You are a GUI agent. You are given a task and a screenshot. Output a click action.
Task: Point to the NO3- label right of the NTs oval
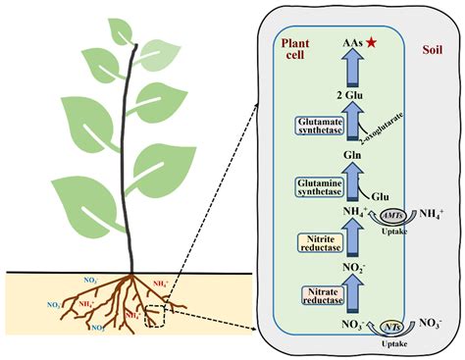pyautogui.click(x=430, y=323)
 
